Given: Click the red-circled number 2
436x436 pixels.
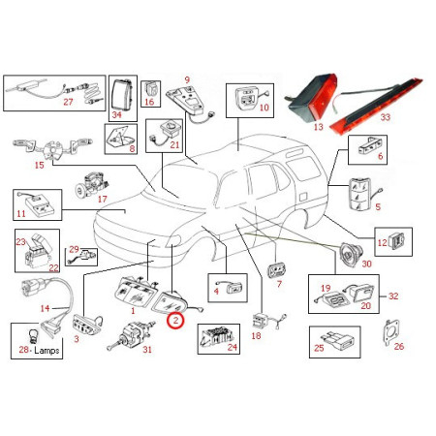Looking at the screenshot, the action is [x=175, y=321].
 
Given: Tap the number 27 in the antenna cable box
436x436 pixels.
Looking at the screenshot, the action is [x=68, y=102].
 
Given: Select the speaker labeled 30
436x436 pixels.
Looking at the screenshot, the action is [x=351, y=254].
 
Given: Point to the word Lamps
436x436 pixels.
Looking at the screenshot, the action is [x=47, y=350].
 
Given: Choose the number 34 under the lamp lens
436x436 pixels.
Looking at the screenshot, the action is [x=116, y=114].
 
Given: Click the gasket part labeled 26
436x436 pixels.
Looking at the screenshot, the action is [x=391, y=332].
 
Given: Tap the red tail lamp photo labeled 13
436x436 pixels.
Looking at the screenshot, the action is [x=311, y=98].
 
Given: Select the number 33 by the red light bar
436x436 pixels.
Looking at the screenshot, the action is [x=386, y=117].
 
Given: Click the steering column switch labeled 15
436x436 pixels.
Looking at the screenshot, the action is [x=52, y=149].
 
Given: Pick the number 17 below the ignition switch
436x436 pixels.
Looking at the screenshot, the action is [x=102, y=200].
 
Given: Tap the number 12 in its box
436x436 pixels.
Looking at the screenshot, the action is [x=382, y=242].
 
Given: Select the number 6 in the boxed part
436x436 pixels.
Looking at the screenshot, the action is [x=380, y=156].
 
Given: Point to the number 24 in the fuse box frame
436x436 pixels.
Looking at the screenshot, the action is [x=233, y=347].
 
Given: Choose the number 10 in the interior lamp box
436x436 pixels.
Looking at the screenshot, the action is [x=265, y=108].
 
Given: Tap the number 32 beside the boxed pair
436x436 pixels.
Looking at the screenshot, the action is [x=393, y=296].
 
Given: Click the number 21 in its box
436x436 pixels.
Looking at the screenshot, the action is [x=174, y=144].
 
